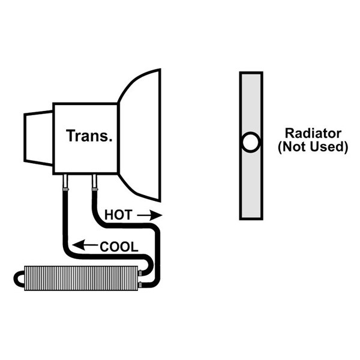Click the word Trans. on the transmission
(89, 136)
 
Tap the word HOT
(118, 215)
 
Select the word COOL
(119, 247)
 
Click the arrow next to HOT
(149, 215)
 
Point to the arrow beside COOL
(85, 245)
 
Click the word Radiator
(313, 133)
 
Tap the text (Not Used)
(313, 147)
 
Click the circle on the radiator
(251, 142)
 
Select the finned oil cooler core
(81, 278)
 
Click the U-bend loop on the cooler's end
(15, 279)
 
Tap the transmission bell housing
(140, 136)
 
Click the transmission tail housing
(38, 138)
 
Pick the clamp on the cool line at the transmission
(65, 189)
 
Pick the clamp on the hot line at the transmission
(95, 189)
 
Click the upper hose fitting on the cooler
(140, 273)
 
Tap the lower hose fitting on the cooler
(140, 285)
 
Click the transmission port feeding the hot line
(94, 181)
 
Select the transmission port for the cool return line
(65, 181)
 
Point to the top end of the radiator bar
(251, 73)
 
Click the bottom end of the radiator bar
(251, 218)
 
